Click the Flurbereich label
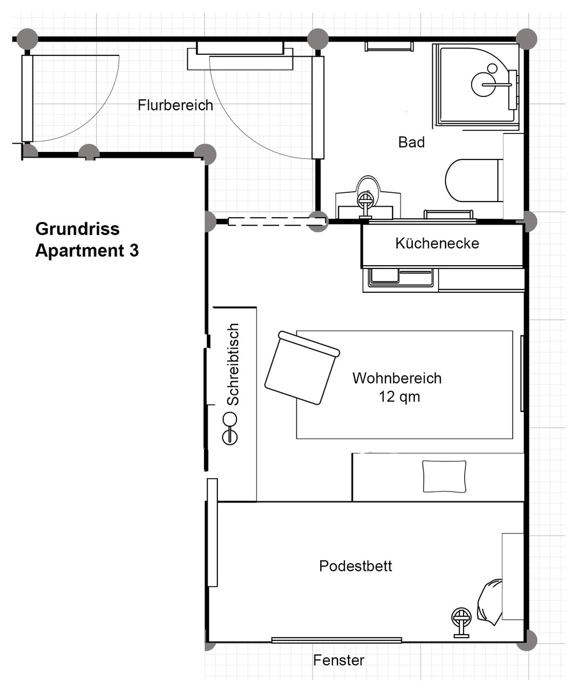pyautogui.click(x=175, y=105)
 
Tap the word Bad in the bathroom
pyautogui.click(x=411, y=143)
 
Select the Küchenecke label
pyautogui.click(x=437, y=243)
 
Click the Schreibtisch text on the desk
pyautogui.click(x=233, y=364)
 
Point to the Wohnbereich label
pyautogui.click(x=397, y=378)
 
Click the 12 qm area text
pyautogui.click(x=399, y=397)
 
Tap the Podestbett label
pyautogui.click(x=355, y=566)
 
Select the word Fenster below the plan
pyautogui.click(x=339, y=660)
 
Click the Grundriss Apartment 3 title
pyautogui.click(x=87, y=240)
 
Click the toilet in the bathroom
pyautogui.click(x=473, y=181)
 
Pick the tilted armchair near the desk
pyautogui.click(x=302, y=367)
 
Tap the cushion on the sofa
pyautogui.click(x=444, y=476)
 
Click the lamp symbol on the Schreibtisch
pyautogui.click(x=229, y=429)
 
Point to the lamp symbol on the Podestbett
pyautogui.click(x=461, y=623)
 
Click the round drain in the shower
pyautogui.click(x=492, y=68)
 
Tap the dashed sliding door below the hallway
pyautogui.click(x=276, y=221)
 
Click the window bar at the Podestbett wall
pyautogui.click(x=336, y=639)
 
